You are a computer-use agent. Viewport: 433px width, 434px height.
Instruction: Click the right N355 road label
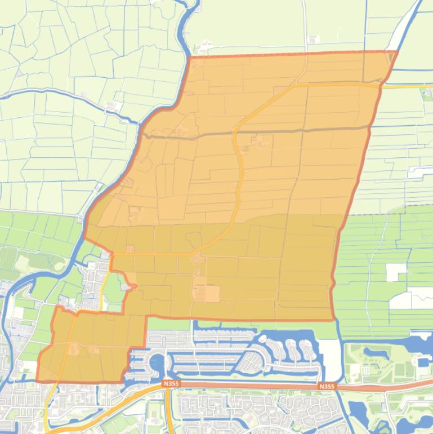(x=327, y=387)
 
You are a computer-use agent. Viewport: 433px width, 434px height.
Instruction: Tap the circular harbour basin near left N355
(x=158, y=361)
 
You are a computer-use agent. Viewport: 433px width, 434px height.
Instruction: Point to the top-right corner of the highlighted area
(x=398, y=51)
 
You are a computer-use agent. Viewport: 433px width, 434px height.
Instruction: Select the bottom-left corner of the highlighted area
(x=37, y=381)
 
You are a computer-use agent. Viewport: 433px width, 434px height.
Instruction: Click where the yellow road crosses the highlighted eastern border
(x=381, y=86)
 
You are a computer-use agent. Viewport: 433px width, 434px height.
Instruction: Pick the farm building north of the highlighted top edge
(x=313, y=40)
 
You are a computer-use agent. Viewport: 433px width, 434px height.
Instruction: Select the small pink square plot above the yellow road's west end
(x=131, y=249)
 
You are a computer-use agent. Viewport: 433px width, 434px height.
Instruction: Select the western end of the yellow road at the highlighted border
(x=113, y=255)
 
